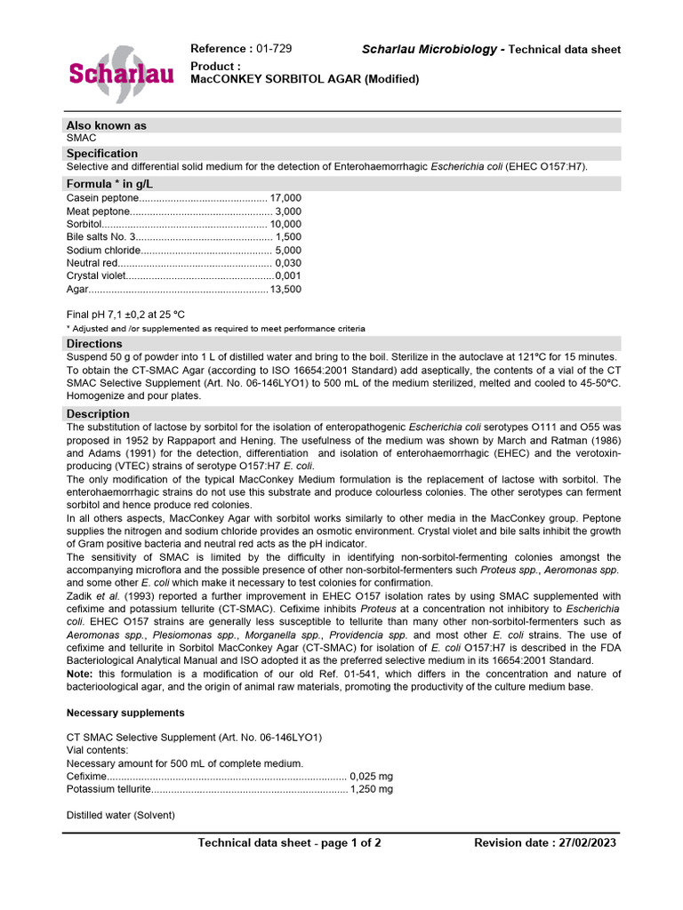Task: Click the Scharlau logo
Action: click(121, 72)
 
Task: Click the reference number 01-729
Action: click(274, 49)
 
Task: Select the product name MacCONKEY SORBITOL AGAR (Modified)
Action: click(305, 79)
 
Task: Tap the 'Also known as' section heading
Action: click(107, 125)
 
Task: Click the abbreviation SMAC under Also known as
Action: click(82, 139)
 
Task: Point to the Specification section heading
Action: click(102, 153)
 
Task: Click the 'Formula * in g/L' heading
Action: click(110, 184)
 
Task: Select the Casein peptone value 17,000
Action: click(285, 197)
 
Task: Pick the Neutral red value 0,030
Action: click(288, 263)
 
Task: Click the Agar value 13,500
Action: click(285, 290)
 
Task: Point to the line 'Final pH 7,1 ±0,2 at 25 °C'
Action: click(126, 315)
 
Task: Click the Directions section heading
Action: click(94, 343)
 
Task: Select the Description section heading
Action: click(98, 413)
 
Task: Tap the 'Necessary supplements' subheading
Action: click(125, 713)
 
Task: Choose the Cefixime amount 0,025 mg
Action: click(372, 775)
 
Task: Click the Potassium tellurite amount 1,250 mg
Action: click(372, 788)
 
